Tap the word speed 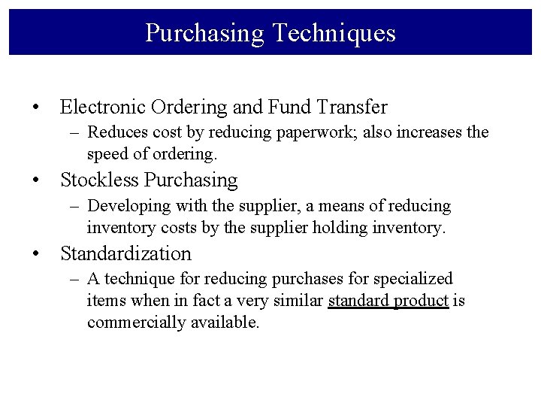click(107, 154)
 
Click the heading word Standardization click(125, 253)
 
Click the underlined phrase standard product click(388, 301)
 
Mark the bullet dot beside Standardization click(36, 254)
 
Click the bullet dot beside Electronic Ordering click(36, 108)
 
